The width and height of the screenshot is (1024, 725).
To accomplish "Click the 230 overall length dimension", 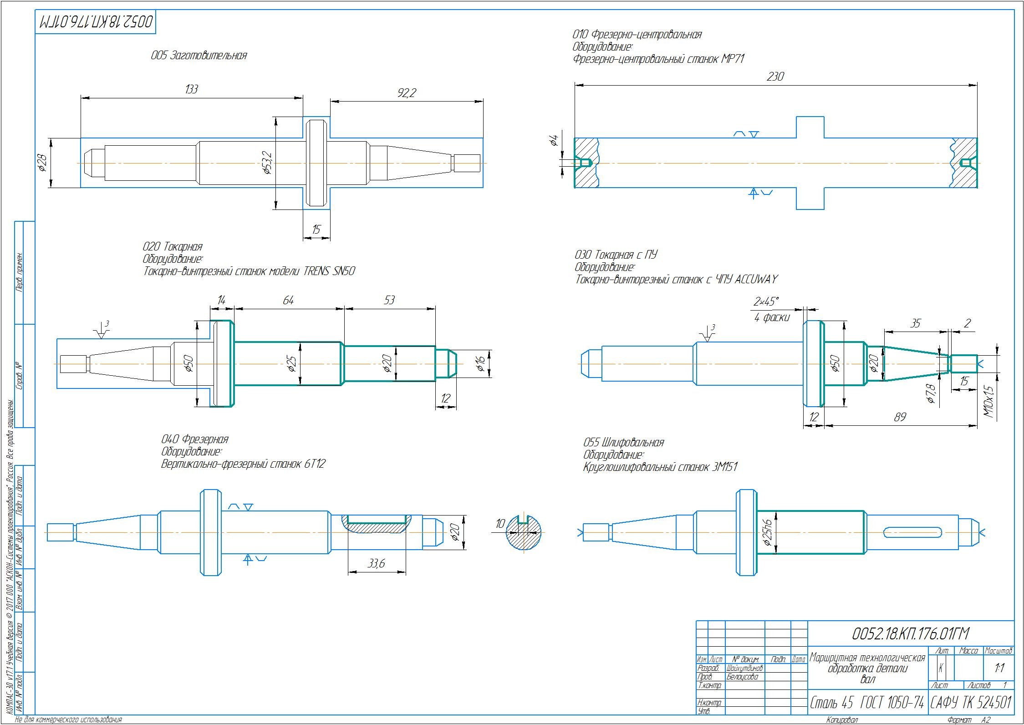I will click(x=775, y=77).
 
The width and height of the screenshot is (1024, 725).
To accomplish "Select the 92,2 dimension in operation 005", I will click(x=407, y=93).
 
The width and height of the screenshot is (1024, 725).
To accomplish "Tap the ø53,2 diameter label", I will click(x=268, y=163).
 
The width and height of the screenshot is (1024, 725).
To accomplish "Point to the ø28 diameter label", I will click(x=42, y=163).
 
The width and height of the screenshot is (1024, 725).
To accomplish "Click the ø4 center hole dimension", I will click(x=554, y=140).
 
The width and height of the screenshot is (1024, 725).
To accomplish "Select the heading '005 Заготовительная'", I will click(x=199, y=56).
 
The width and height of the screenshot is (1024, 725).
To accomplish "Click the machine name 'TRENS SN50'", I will click(x=328, y=271).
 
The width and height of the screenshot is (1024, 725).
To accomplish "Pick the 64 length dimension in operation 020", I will click(x=288, y=300).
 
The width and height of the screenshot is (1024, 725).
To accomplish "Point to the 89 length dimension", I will click(x=900, y=417).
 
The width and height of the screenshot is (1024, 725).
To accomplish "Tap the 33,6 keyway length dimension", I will click(x=377, y=564).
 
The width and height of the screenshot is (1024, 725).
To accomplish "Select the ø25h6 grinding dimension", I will click(x=767, y=532).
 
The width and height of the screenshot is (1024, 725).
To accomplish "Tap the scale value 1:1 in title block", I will click(x=999, y=668).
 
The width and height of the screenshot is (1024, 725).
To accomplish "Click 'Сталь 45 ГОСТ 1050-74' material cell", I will click(x=867, y=704).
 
